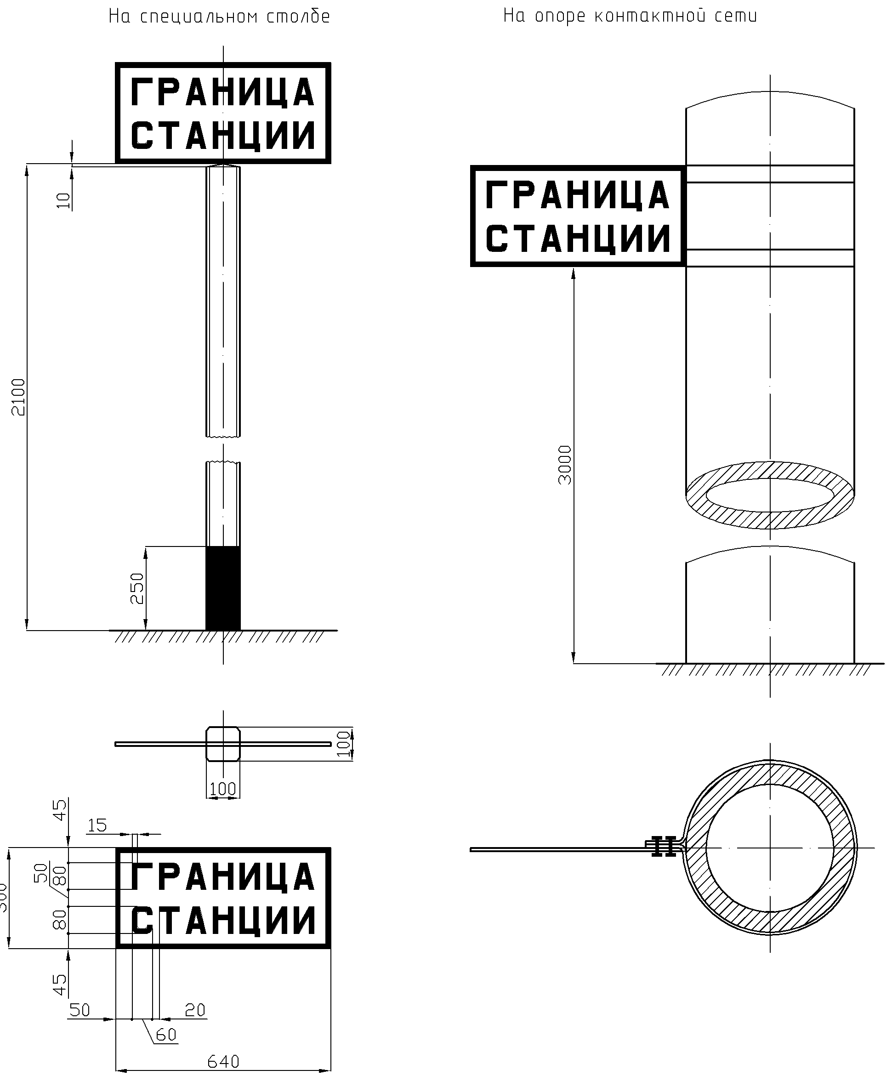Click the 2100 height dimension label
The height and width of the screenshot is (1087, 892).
[18, 397]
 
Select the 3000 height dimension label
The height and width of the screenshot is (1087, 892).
[565, 465]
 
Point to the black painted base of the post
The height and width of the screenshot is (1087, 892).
[223, 588]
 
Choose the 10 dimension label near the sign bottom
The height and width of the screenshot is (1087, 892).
[63, 200]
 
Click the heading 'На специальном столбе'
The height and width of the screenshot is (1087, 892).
[219, 17]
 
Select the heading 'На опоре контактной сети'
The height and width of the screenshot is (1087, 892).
[630, 16]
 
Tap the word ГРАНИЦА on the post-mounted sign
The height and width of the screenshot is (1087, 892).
[223, 92]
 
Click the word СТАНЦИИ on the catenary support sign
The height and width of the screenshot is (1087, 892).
[578, 239]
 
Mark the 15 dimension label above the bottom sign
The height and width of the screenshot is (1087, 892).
[97, 825]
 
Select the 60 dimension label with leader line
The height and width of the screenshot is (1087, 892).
[166, 1035]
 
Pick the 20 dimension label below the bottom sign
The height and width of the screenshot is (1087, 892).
[195, 1010]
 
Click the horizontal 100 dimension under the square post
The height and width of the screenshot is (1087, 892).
[223, 789]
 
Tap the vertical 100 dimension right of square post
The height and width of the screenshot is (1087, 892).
[344, 744]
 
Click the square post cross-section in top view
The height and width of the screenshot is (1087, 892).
[223, 744]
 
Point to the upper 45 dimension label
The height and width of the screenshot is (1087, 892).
[61, 810]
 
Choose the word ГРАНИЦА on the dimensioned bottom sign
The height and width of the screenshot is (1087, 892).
[223, 877]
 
